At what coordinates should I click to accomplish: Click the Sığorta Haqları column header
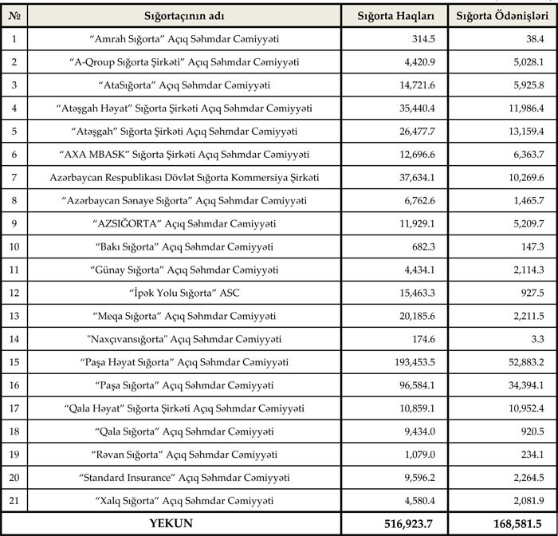tap(395, 16)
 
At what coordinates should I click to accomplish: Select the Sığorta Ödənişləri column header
tap(501, 16)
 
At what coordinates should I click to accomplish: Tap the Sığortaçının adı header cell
tap(183, 16)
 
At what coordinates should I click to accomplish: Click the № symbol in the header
tap(14, 16)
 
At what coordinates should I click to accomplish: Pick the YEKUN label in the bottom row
tap(171, 523)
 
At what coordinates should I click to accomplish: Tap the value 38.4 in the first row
tap(534, 38)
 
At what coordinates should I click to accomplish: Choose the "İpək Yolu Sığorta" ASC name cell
tap(183, 293)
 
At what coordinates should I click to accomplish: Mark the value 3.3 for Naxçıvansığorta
tap(536, 339)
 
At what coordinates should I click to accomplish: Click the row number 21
tap(14, 500)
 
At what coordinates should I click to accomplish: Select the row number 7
tap(14, 177)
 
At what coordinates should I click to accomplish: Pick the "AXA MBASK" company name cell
tap(183, 154)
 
